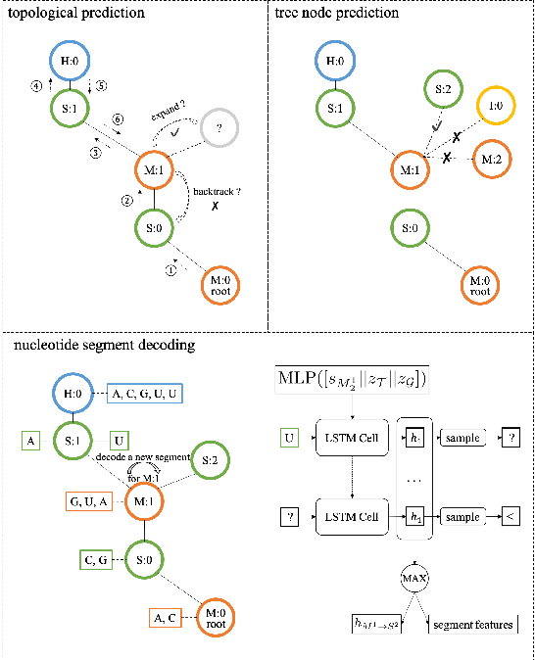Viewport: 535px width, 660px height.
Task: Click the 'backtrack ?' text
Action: pyautogui.click(x=215, y=194)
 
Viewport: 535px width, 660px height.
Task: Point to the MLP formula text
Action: pyautogui.click(x=354, y=378)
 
